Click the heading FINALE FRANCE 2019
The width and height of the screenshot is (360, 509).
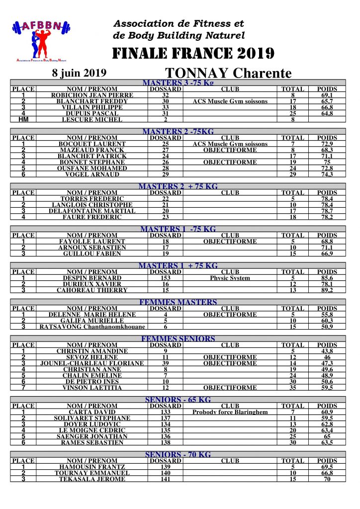coord(193,53)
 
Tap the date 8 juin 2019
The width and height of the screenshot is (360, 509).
coord(80,73)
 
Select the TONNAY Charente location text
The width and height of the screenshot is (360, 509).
coord(228,74)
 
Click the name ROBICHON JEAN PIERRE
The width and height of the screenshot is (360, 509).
coord(92,95)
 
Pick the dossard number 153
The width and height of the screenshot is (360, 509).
coord(166,278)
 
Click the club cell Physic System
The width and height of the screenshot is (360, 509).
coord(230,278)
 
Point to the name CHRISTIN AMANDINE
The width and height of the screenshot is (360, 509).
coord(92,351)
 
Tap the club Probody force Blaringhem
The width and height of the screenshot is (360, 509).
coord(230,412)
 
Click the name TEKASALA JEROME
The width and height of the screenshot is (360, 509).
coord(92,479)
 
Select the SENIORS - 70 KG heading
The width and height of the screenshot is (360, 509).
coord(178,454)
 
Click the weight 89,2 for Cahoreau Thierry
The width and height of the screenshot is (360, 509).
coord(327,290)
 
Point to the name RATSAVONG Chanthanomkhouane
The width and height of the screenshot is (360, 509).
coord(92,327)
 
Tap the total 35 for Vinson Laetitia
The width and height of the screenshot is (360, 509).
coord(292,388)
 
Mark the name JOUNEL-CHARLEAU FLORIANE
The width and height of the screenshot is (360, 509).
coord(92,363)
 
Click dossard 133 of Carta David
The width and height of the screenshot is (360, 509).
coord(166,412)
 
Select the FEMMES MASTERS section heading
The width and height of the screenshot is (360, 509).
coord(178,302)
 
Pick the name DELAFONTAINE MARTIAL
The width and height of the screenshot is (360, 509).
coord(92,211)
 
